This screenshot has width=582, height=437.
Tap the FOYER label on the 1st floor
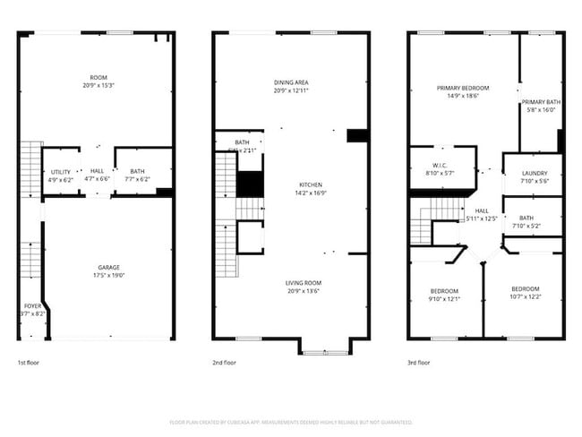point(32,306)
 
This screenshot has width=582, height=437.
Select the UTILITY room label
point(60,171)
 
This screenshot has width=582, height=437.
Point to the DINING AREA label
point(291,82)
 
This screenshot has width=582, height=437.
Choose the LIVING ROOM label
point(304,283)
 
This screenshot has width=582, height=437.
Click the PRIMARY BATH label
point(541,102)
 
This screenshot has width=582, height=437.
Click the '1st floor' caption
point(29,363)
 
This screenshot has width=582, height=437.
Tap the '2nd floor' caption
point(224,363)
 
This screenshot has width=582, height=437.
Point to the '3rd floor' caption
point(419,363)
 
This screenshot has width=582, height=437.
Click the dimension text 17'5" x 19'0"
point(109,276)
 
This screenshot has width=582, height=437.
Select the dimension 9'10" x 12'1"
point(444,299)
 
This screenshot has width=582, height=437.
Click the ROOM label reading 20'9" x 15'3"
point(98,85)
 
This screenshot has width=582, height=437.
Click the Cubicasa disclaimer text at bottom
point(291,421)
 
